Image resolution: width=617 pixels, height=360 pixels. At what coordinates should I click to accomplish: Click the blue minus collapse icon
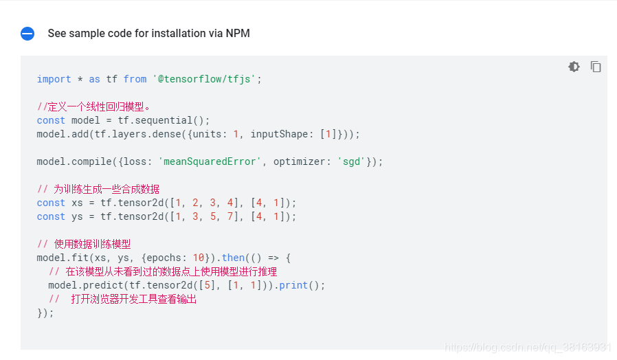[27, 34]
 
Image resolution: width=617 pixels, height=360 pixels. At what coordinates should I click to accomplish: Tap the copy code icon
[596, 67]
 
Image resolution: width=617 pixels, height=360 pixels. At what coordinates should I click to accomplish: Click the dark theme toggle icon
[574, 67]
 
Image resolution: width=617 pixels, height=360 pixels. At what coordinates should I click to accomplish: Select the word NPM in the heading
[238, 34]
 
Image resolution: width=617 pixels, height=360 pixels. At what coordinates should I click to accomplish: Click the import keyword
[54, 79]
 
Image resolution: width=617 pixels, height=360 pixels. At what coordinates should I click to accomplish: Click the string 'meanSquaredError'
[210, 161]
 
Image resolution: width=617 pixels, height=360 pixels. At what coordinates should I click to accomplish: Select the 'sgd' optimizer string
[351, 161]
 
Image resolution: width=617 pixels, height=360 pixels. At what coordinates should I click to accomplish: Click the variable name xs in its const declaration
[77, 203]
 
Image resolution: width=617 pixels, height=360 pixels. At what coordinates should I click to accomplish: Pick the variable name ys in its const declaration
[77, 216]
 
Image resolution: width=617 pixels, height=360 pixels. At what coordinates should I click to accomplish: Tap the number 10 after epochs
[198, 258]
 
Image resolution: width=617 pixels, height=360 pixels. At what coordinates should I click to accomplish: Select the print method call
[293, 285]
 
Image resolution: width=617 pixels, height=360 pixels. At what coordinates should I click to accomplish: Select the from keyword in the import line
[135, 79]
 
